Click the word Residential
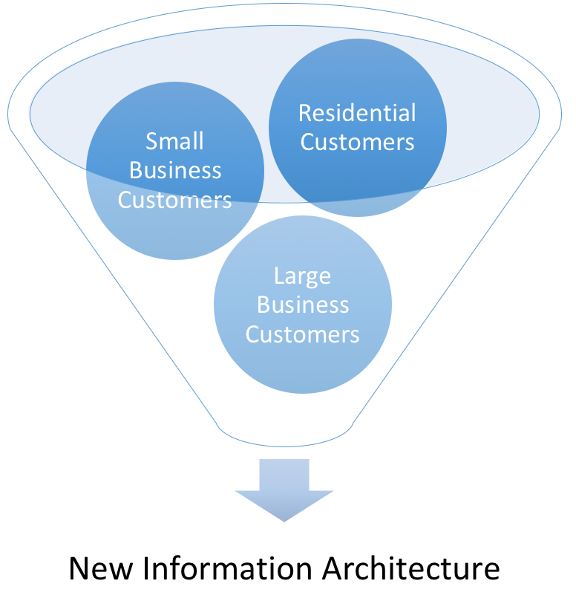click(x=357, y=113)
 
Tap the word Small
click(x=174, y=141)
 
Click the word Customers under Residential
click(x=357, y=142)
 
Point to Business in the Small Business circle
click(x=175, y=170)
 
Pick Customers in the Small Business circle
click(x=174, y=200)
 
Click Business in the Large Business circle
click(x=303, y=305)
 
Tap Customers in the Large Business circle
click(x=303, y=334)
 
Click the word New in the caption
click(x=101, y=569)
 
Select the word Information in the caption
click(x=227, y=568)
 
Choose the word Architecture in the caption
click(x=411, y=568)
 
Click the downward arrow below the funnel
click(x=284, y=490)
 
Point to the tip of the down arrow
click(x=284, y=522)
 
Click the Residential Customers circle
click(x=358, y=128)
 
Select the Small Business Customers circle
click(x=175, y=171)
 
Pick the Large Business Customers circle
click(x=303, y=305)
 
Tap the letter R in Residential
click(x=306, y=114)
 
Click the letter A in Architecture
click(x=333, y=569)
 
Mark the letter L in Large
click(x=280, y=275)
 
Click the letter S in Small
click(x=152, y=141)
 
